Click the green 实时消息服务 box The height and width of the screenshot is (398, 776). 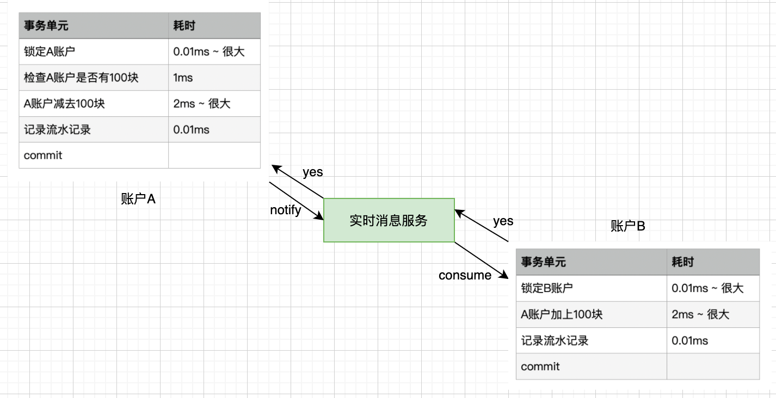[389, 220]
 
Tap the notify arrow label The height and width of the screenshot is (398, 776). [286, 210]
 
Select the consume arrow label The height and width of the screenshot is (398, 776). [465, 275]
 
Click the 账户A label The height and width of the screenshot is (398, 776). [138, 199]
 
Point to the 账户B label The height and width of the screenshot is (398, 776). [628, 226]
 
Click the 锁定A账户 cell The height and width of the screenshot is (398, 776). [94, 52]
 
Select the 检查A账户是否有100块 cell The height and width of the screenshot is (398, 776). [94, 78]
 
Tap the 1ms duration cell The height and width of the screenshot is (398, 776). [214, 78]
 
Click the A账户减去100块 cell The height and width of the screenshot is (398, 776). [94, 103]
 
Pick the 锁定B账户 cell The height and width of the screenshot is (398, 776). [592, 288]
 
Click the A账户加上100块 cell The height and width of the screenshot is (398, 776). [592, 314]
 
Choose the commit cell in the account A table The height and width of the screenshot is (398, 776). [94, 156]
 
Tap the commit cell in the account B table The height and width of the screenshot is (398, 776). [592, 366]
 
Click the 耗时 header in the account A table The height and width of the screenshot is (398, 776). [214, 26]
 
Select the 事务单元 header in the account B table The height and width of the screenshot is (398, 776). [592, 262]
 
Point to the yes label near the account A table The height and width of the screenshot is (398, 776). [313, 172]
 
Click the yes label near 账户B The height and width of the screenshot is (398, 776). [503, 221]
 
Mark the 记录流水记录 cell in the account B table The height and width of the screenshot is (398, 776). [592, 340]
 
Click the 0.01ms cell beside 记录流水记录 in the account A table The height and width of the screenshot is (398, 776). [214, 129]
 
